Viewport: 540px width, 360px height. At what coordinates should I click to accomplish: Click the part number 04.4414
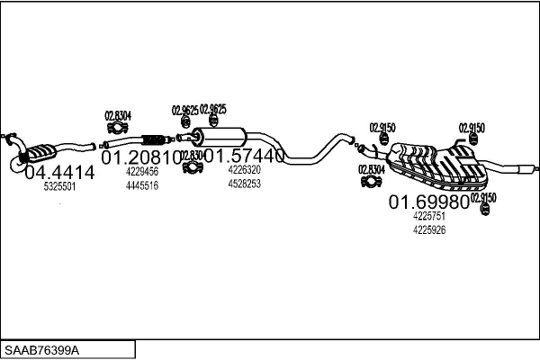tap(58, 172)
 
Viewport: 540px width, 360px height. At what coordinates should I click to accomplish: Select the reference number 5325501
tap(59, 187)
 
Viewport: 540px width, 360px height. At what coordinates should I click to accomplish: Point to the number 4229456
tap(142, 171)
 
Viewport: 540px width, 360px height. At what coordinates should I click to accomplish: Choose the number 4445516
tap(142, 184)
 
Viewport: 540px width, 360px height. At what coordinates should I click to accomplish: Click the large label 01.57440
tap(245, 156)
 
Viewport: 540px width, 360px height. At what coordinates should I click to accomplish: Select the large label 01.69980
tap(428, 202)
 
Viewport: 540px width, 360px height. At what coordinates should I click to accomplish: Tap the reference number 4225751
tap(429, 216)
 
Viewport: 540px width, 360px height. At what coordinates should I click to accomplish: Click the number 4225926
tap(429, 229)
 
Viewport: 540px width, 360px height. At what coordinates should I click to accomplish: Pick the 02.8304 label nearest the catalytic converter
tap(117, 114)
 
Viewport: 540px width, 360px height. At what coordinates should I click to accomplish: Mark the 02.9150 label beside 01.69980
tap(482, 196)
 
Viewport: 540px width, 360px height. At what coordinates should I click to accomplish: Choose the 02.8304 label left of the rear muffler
tap(372, 169)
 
